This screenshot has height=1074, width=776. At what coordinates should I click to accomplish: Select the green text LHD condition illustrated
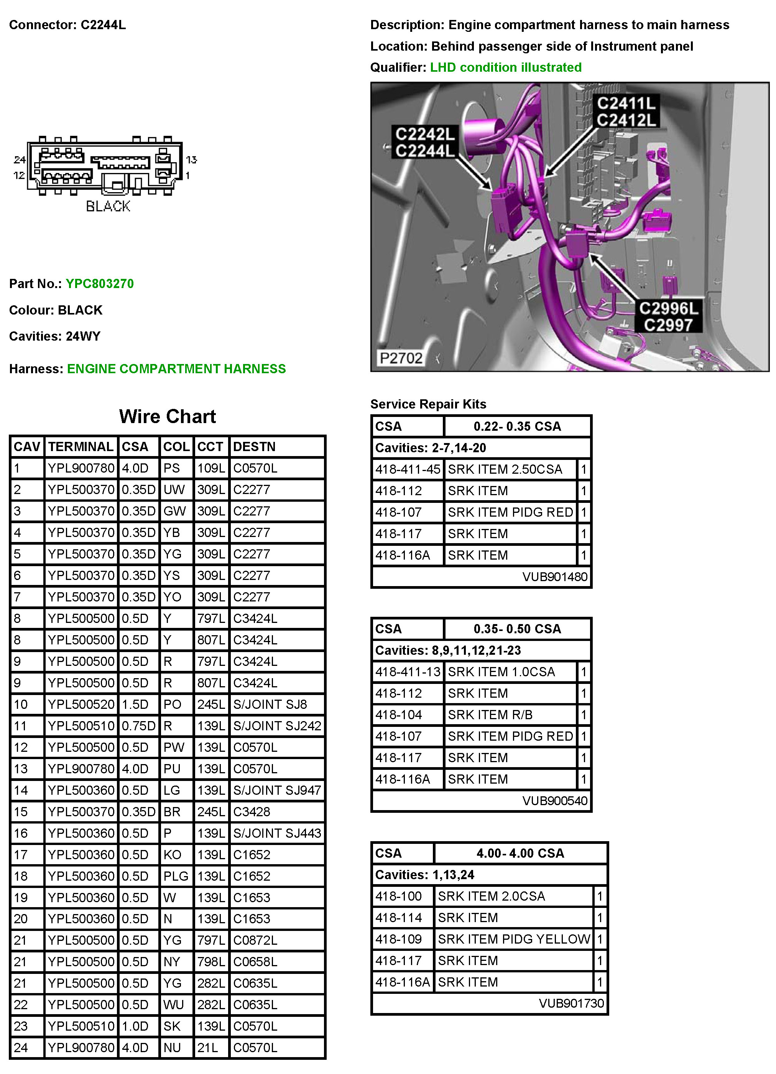505,67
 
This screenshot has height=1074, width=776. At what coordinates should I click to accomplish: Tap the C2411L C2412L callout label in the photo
626,112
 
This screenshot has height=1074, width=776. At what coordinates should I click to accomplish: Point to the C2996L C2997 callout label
668,317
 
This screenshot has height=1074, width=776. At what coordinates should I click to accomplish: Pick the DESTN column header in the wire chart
254,446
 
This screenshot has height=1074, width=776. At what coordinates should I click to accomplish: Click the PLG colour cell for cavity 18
176,876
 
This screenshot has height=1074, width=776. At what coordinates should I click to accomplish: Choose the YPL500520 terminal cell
81,704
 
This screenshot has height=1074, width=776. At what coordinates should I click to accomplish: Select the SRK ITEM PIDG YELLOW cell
514,939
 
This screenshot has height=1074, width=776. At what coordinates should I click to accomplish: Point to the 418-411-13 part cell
408,672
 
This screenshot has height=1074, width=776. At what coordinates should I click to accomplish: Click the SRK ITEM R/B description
490,715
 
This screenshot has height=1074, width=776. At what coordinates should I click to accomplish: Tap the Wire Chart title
167,416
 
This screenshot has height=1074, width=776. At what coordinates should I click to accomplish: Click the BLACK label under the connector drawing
108,206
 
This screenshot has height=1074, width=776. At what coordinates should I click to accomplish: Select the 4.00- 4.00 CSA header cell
520,853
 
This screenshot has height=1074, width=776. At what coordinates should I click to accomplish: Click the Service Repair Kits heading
428,404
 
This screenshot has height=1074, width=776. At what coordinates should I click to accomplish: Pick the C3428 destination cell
252,812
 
